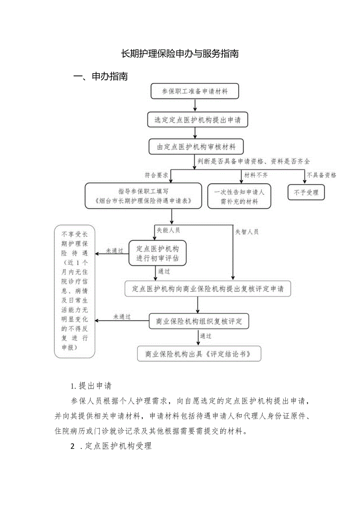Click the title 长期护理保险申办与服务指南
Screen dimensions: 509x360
click(x=180, y=54)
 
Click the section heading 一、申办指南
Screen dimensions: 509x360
click(x=101, y=76)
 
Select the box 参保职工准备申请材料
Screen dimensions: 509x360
click(x=195, y=92)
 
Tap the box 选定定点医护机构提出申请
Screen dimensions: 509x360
click(x=198, y=120)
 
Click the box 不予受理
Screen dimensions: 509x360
click(x=306, y=192)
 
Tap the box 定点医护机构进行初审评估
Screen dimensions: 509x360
click(x=157, y=253)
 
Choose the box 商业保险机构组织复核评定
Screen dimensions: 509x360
click(x=199, y=322)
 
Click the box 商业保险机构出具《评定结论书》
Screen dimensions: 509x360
click(x=199, y=354)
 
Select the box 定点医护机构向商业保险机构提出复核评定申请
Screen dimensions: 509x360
click(x=208, y=289)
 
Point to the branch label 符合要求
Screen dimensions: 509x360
click(x=156, y=176)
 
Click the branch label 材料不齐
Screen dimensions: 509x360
click(x=256, y=175)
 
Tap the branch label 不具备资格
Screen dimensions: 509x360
click(x=321, y=175)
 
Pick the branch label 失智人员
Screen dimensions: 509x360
click(x=247, y=232)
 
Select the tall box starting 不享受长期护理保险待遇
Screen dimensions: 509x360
click(x=74, y=291)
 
